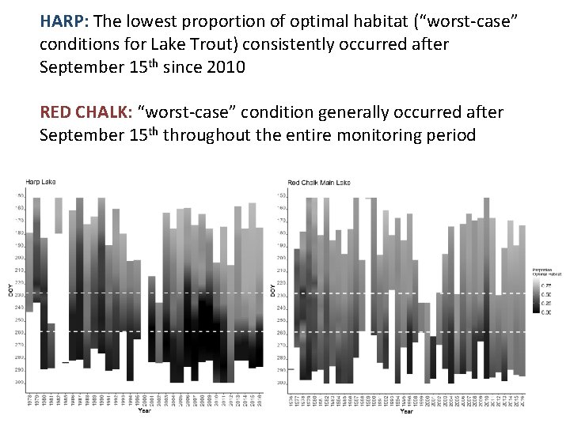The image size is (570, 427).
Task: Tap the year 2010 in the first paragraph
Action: click(x=226, y=67)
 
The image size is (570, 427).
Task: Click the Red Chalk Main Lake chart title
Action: click(x=319, y=183)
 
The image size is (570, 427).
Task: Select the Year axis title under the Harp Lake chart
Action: click(x=144, y=411)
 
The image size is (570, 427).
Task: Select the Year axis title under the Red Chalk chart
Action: click(x=405, y=411)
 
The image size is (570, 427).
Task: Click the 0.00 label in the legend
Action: click(x=546, y=312)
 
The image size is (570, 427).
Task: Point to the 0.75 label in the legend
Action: click(x=546, y=282)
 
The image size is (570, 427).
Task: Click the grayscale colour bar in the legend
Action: click(x=536, y=297)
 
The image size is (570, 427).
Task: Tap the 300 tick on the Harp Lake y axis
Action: click(x=19, y=383)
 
